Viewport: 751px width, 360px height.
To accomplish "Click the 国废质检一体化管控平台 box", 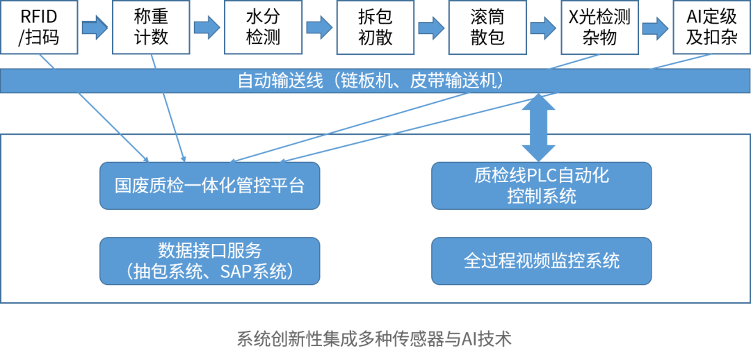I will coord(209,186).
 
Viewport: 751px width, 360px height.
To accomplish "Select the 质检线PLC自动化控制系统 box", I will coord(541,186).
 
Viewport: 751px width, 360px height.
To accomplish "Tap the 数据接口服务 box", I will coord(209,261).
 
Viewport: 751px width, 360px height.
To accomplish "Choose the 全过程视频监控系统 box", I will coord(541,261).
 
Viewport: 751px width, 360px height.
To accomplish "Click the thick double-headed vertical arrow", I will coord(538,128).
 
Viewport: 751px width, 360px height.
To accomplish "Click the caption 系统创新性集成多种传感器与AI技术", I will coord(374,339).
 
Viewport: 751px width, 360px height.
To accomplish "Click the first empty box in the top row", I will coord(39,27).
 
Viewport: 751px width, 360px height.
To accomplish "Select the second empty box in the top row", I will coord(151,27).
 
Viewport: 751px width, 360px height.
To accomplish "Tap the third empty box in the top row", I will coord(264,27).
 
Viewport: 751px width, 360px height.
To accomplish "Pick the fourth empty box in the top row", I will coord(375,27).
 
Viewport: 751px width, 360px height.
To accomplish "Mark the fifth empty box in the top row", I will coord(487,27).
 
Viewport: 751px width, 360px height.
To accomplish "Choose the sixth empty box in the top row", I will coord(599,27).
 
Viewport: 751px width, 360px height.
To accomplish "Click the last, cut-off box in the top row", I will coord(711,27).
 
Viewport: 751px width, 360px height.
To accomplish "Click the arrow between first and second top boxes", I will coord(95,28).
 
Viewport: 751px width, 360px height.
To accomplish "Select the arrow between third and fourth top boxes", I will coord(319,28).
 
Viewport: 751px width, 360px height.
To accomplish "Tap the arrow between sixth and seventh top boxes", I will coord(655,28).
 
